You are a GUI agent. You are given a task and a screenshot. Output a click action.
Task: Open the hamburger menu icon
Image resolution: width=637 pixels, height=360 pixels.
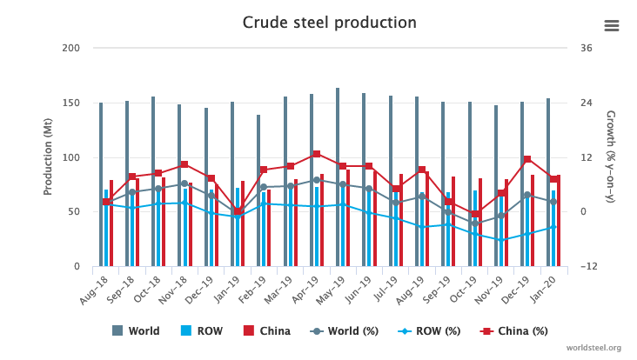[x=612, y=25]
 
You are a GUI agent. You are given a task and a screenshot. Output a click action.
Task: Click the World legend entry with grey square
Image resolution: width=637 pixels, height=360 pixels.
[x=137, y=330]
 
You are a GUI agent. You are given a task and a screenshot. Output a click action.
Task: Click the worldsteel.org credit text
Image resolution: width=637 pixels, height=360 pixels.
[x=592, y=348]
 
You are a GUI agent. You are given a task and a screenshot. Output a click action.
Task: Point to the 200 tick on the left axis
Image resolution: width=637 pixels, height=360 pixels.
[x=71, y=48]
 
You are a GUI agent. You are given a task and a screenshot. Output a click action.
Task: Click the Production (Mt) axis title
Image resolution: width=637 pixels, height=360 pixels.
[x=48, y=157]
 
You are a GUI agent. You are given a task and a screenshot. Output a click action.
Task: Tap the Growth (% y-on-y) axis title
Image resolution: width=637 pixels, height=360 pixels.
[x=610, y=157]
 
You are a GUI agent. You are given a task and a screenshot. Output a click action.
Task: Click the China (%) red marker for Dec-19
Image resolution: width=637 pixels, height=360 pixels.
[x=527, y=159]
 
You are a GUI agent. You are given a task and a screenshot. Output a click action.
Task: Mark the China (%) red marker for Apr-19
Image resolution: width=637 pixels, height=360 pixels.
[x=317, y=154]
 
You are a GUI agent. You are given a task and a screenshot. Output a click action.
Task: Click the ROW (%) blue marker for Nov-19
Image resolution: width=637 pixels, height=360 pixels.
[x=501, y=240]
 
